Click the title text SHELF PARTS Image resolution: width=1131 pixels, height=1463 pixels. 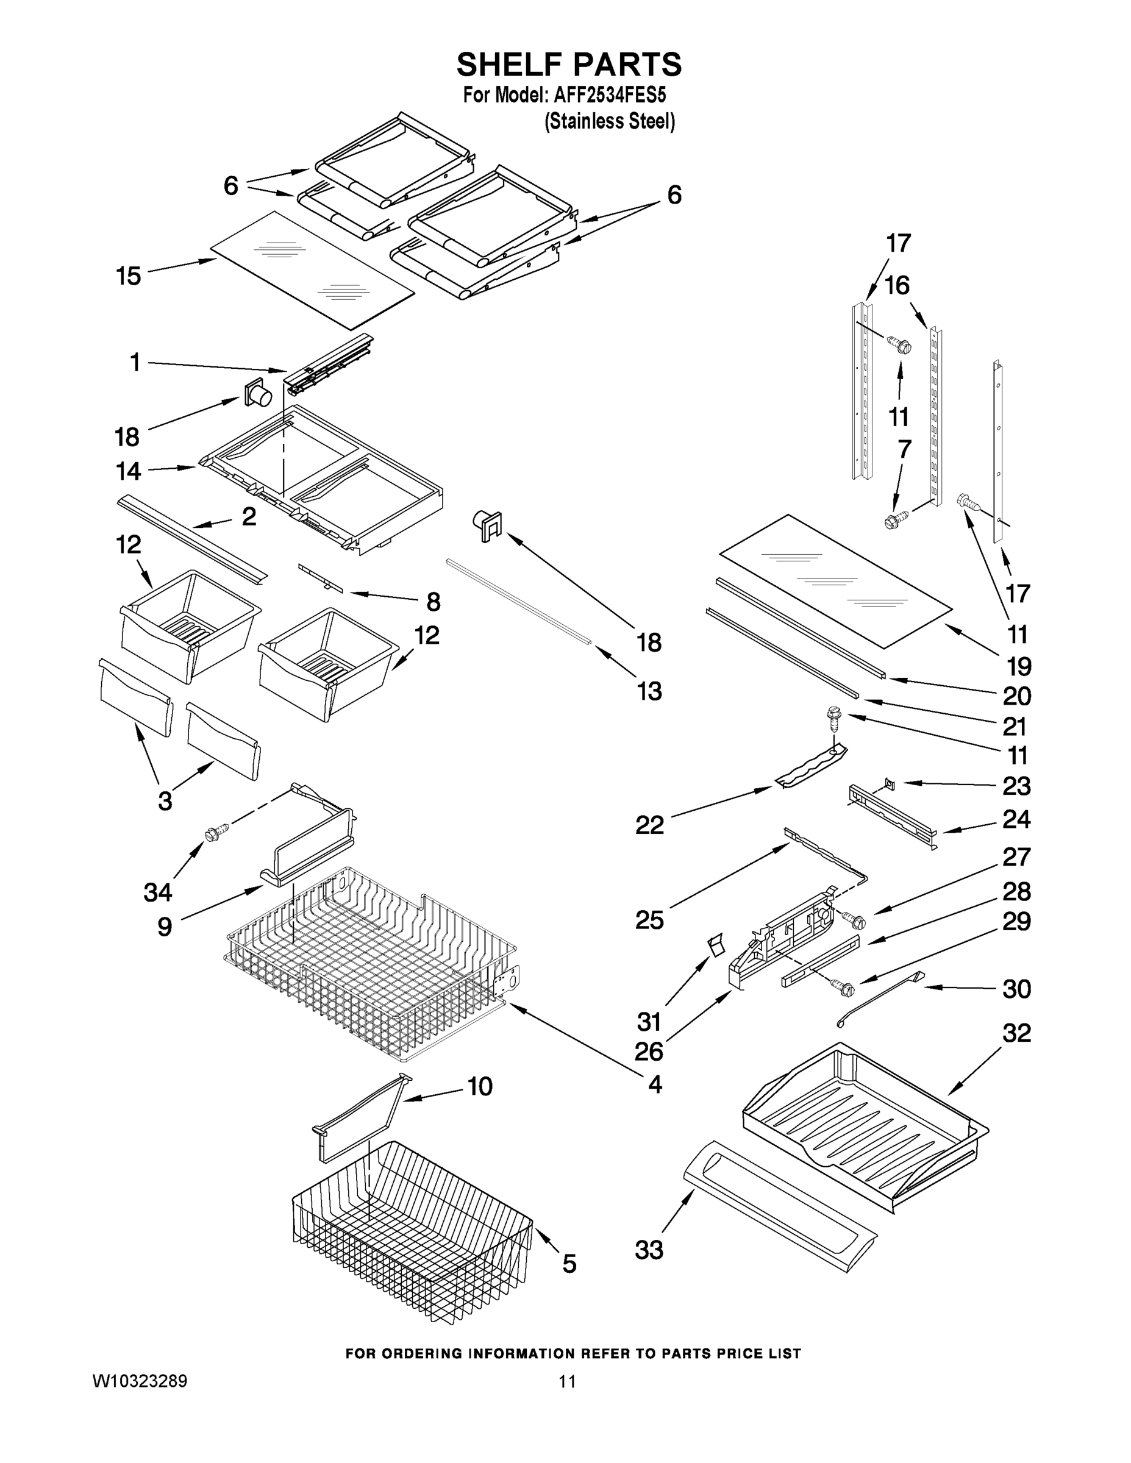[x=569, y=65]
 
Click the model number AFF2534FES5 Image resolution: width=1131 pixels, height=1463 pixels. [x=610, y=95]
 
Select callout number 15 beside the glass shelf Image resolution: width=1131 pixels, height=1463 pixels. [x=129, y=276]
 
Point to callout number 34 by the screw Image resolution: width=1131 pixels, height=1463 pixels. [x=158, y=892]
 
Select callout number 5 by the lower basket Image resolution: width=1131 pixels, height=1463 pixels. [x=569, y=1264]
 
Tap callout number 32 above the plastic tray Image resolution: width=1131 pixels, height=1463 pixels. [x=1016, y=1033]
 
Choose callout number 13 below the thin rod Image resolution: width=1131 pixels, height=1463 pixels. [x=649, y=691]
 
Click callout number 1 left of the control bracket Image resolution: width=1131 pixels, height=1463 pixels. [x=135, y=363]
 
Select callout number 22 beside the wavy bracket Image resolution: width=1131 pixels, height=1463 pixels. [x=649, y=825]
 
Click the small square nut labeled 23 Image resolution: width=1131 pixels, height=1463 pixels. [x=890, y=781]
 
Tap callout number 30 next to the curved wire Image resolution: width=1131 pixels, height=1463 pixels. [x=1016, y=989]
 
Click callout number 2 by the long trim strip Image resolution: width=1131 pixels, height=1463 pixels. [x=249, y=516]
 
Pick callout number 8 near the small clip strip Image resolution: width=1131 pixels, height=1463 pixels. [x=433, y=602]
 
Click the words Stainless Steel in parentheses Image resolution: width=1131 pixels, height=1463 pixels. [x=609, y=122]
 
